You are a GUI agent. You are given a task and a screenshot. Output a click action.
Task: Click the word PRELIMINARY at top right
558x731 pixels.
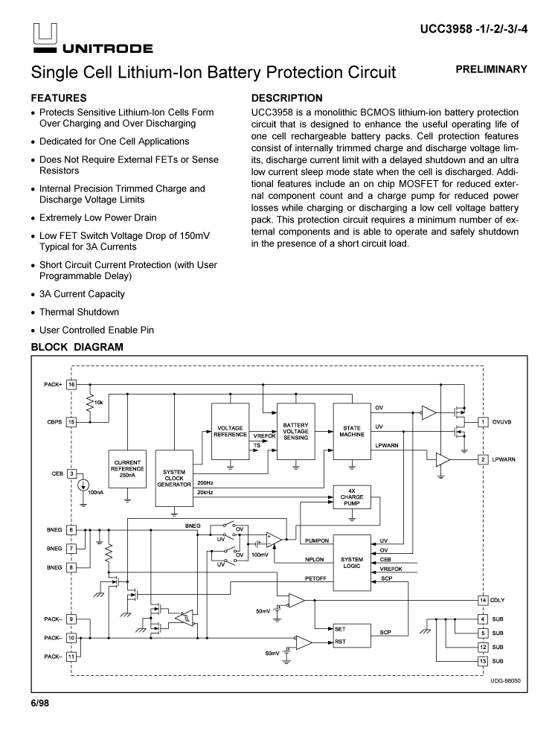[x=496, y=69]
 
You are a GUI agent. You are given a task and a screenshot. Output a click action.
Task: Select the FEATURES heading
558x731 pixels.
[x=59, y=98]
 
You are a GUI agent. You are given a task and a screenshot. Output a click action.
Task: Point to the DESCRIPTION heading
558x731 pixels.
[x=287, y=98]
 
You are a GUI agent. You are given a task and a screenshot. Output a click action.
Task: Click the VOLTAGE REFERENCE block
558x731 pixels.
[x=230, y=432]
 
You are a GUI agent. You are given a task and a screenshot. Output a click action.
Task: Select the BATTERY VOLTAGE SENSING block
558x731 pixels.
[x=296, y=432]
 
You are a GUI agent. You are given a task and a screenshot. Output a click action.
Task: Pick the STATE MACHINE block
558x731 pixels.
[x=352, y=432]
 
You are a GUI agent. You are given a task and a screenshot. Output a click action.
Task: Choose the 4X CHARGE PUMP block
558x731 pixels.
[x=352, y=497]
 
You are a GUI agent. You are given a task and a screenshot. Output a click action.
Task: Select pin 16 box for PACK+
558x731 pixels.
[x=72, y=385]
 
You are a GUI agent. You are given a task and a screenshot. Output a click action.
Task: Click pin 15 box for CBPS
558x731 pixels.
[x=72, y=421]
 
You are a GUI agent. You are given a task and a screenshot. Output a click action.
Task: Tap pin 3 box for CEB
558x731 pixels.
[x=72, y=473]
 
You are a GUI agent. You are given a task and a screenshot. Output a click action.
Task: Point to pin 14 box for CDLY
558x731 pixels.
[x=482, y=600]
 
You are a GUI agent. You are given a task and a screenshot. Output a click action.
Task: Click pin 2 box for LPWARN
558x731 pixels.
[x=482, y=459]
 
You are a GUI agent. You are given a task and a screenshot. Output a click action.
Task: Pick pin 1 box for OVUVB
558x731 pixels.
[x=482, y=422]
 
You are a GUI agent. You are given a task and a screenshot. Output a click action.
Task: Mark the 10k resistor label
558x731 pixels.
[x=98, y=403]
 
